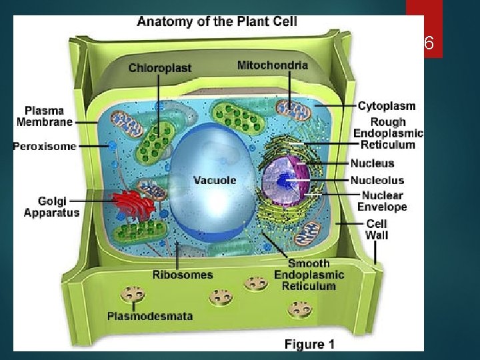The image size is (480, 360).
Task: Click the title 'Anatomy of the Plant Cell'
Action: [217, 21]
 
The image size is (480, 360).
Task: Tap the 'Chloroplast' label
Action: [159, 67]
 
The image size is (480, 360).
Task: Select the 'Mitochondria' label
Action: [273, 65]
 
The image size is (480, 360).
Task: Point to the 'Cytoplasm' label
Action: [386, 105]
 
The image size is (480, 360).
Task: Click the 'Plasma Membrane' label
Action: [44, 116]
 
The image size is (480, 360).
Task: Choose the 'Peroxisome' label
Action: [45, 147]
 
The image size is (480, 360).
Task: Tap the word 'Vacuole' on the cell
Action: [215, 180]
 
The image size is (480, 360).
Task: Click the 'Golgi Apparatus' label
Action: [51, 207]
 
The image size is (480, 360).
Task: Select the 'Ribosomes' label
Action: [183, 275]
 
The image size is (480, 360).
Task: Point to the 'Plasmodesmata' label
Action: [150, 315]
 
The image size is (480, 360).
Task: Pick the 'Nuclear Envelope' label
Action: [382, 201]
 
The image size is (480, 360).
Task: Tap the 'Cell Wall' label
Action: [377, 229]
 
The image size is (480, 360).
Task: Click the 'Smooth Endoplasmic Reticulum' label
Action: [309, 275]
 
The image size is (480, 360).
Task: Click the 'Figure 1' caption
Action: [309, 344]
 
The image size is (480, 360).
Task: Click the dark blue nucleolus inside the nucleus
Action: [285, 180]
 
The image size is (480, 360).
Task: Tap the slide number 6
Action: [428, 44]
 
